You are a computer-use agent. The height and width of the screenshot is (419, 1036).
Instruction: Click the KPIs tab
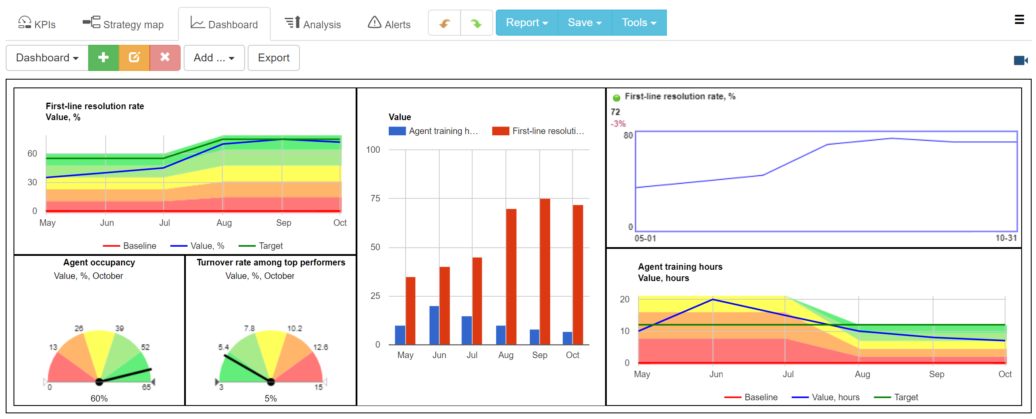point(37,24)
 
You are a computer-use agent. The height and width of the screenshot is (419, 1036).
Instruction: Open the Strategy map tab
point(123,24)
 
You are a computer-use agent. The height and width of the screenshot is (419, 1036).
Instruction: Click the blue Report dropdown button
point(527,23)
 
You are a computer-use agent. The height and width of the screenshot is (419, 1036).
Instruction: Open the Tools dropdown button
point(639,23)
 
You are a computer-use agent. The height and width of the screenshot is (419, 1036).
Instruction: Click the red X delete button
point(165,57)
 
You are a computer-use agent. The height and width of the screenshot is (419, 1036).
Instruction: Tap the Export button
point(273,57)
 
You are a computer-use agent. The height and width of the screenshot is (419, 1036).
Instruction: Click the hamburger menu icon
point(1019,20)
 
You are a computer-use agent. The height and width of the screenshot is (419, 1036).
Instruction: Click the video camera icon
point(1020,60)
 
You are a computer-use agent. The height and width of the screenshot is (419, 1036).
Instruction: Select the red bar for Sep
point(545,272)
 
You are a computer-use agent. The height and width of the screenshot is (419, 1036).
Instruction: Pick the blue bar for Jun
point(434,325)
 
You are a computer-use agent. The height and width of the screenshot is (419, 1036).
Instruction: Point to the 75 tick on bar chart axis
point(375,198)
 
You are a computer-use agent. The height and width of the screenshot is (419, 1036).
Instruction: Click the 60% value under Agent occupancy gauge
point(99,398)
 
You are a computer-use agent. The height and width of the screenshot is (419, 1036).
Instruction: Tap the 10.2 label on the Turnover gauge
point(295,328)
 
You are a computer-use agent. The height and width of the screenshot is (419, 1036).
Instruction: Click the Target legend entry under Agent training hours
point(905,397)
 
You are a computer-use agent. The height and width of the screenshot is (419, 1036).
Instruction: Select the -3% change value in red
point(618,124)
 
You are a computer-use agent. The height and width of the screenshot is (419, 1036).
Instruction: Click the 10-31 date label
point(1006,238)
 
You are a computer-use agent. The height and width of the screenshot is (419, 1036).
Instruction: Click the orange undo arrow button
point(444,23)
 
